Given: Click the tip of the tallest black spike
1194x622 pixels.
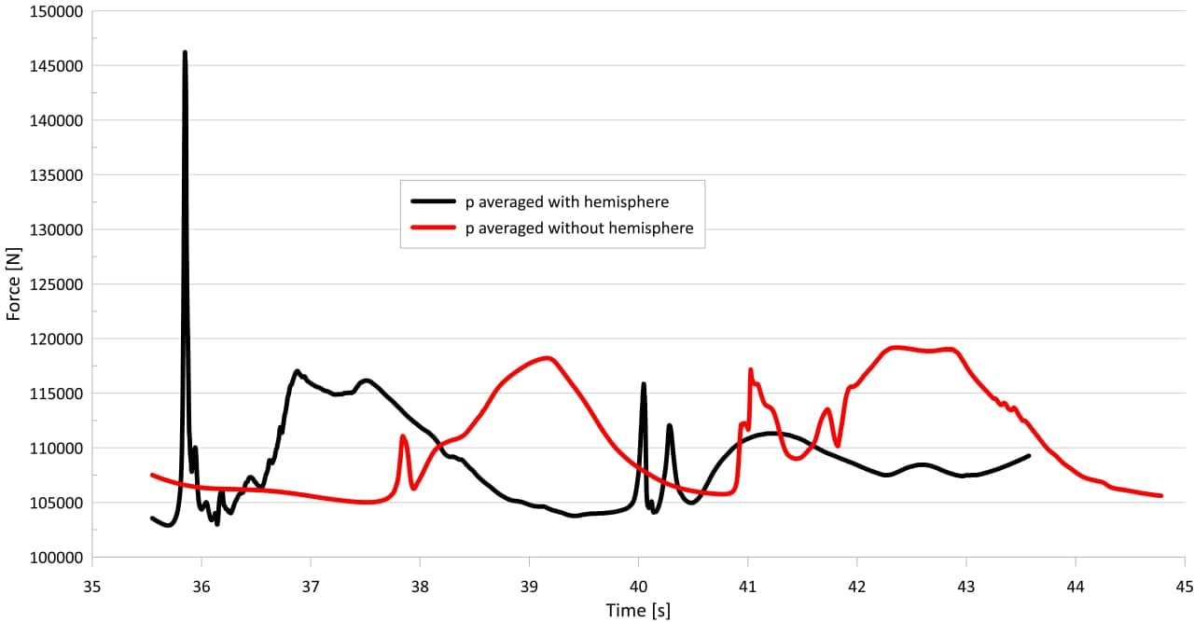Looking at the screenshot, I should (x=185, y=52).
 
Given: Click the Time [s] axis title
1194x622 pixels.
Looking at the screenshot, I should (x=638, y=610).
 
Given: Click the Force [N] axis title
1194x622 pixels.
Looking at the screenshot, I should (x=13, y=284).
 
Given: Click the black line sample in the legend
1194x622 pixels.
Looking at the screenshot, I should (x=432, y=200).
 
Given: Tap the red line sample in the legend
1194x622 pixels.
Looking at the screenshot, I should (x=432, y=228).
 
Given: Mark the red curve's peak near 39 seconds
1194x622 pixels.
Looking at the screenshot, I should (x=547, y=358).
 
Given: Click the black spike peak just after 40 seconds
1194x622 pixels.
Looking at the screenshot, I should (x=644, y=384).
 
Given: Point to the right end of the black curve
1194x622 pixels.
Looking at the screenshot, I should (x=1029, y=456).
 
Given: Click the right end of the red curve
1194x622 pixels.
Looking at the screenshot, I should (x=1161, y=495).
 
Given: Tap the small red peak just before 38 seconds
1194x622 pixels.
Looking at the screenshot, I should (x=403, y=436).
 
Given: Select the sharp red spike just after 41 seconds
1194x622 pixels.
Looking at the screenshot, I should (x=750, y=370).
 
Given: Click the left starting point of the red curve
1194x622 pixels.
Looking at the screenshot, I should (x=152, y=475).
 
